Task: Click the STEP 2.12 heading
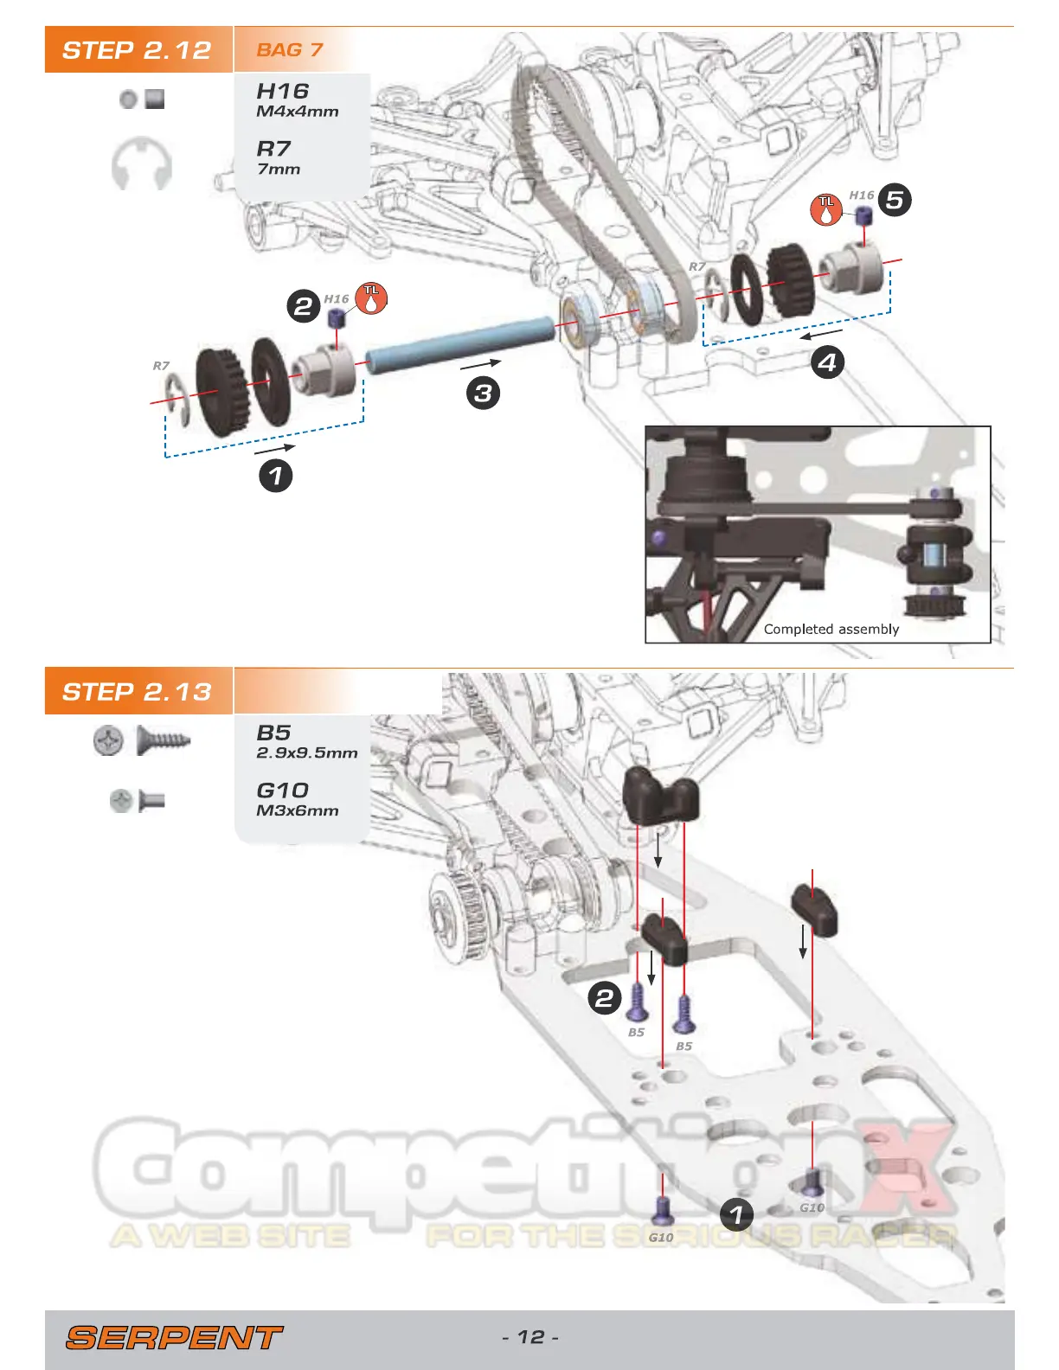pyautogui.click(x=137, y=50)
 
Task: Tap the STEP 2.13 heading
pyautogui.click(x=137, y=692)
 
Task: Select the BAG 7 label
pyautogui.click(x=289, y=50)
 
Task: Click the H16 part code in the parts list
pyautogui.click(x=282, y=91)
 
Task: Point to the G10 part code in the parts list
pyautogui.click(x=282, y=791)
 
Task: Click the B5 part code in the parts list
pyautogui.click(x=273, y=733)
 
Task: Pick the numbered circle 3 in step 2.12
pyautogui.click(x=483, y=394)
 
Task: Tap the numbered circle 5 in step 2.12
pyautogui.click(x=895, y=201)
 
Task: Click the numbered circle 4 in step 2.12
pyautogui.click(x=827, y=362)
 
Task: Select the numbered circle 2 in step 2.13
pyautogui.click(x=605, y=999)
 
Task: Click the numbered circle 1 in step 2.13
pyautogui.click(x=736, y=1214)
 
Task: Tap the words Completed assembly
pyautogui.click(x=831, y=630)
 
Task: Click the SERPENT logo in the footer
pyautogui.click(x=173, y=1338)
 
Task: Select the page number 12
pyautogui.click(x=530, y=1337)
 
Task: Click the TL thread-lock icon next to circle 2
pyautogui.click(x=371, y=298)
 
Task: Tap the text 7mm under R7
pyautogui.click(x=278, y=170)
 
